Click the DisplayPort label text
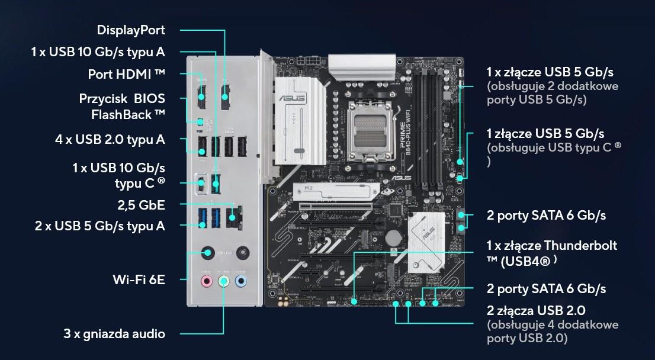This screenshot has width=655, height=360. [x=131, y=30]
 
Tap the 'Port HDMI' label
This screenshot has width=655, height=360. [x=126, y=75]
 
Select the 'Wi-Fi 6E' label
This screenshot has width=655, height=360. [x=139, y=279]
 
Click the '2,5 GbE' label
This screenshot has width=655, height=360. [x=141, y=205]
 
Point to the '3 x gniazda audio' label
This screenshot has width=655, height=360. [x=114, y=334]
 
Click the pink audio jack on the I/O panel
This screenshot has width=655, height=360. [x=206, y=281]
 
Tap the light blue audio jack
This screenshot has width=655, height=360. [x=240, y=281]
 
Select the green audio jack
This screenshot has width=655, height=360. [x=223, y=281]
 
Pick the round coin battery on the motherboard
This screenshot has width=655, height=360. [x=393, y=237]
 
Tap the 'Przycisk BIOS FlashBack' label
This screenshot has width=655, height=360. [x=122, y=107]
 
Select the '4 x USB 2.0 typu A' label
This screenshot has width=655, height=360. [x=110, y=140]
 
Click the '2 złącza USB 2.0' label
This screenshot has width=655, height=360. [x=536, y=311]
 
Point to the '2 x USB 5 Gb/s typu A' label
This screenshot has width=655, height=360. [x=100, y=226]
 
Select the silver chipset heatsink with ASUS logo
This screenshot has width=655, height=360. [x=426, y=242]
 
